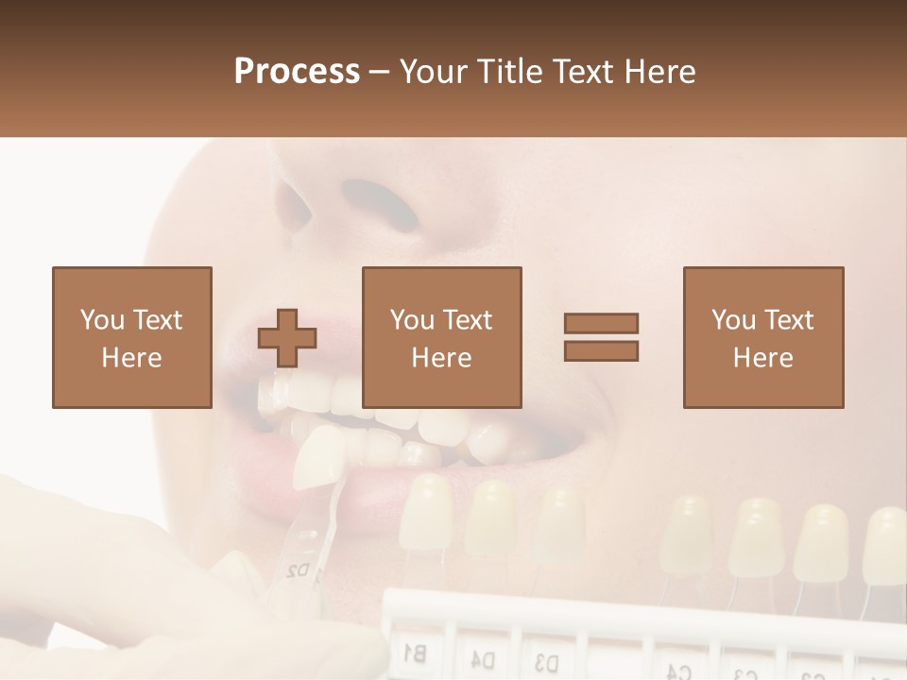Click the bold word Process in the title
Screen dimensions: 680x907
[297, 71]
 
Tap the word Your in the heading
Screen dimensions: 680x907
[435, 71]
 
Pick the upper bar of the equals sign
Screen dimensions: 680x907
[601, 324]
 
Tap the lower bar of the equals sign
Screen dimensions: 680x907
[601, 350]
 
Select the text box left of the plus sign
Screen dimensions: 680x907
[131, 337]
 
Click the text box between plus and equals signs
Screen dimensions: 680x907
[441, 337]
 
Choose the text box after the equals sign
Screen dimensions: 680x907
[762, 337]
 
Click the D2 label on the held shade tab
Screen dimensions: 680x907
[298, 570]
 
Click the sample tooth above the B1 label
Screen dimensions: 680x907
[427, 512]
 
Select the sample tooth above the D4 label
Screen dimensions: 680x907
[491, 518]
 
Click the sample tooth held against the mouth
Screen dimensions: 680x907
[319, 457]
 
